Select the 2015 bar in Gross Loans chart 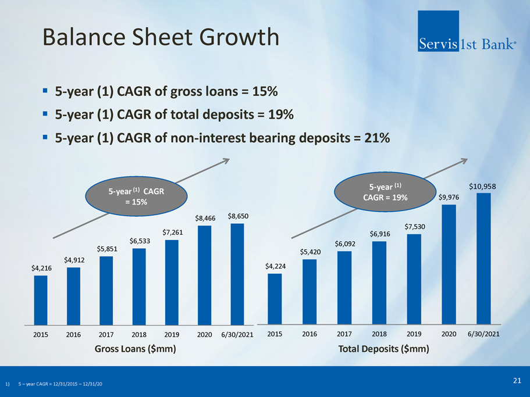pos(41,299)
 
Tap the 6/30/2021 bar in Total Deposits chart pos(483,258)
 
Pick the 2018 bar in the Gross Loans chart pos(139,286)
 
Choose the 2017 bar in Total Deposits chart pos(344,287)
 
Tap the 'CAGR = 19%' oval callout pos(386,192)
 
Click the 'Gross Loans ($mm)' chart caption pos(135,349)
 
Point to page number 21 pos(517,380)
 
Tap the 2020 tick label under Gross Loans pos(204,335)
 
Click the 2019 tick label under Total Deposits pos(414,334)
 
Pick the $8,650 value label pos(239,216)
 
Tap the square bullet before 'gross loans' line pos(45,91)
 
